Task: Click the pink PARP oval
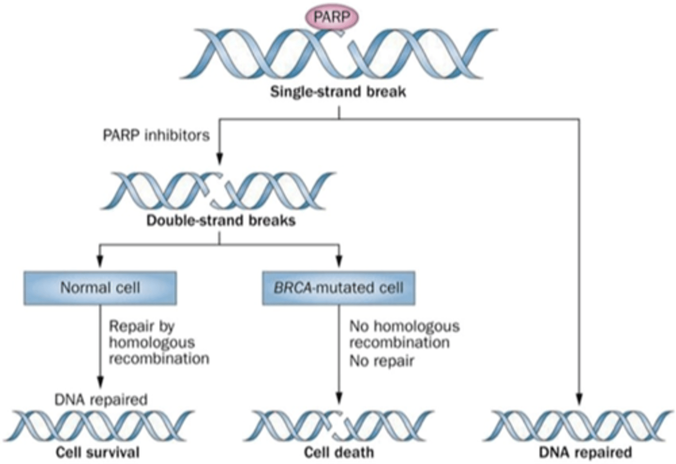pos(332,17)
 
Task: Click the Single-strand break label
pos(338,91)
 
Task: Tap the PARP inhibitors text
pos(156,135)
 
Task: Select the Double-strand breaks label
pos(221,220)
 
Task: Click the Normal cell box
pos(100,288)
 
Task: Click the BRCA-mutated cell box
pos(338,288)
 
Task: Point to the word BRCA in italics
pos(292,288)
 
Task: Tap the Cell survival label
pos(98,452)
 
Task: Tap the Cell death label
pos(338,452)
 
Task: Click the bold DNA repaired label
pos(585,452)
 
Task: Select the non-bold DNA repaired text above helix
pos(101,399)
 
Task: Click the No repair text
pos(381,361)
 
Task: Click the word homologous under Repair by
pos(151,343)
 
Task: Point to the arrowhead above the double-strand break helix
pos(219,159)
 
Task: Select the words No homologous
pos(404,326)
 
